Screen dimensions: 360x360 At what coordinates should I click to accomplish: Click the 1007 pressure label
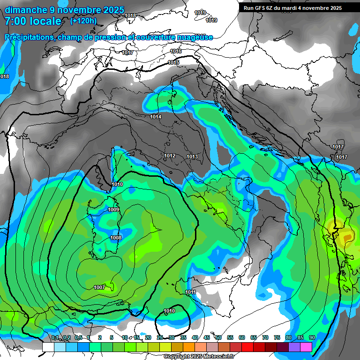(99, 287)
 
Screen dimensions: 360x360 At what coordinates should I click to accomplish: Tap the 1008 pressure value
(116, 238)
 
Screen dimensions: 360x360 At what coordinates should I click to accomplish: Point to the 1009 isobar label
(113, 210)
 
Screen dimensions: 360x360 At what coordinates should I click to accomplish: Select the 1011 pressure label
(190, 292)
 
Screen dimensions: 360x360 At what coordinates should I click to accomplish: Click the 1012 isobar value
(170, 156)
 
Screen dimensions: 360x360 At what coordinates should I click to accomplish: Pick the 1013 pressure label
(192, 157)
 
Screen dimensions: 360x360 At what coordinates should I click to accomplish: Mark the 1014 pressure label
(156, 117)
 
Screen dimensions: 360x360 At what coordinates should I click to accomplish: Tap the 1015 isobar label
(173, 62)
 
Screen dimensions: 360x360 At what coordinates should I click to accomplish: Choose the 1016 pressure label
(176, 51)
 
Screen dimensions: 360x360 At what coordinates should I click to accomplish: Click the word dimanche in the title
(26, 10)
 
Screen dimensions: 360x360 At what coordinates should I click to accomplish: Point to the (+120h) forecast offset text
(83, 21)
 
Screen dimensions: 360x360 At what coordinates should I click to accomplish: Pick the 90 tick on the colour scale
(312, 337)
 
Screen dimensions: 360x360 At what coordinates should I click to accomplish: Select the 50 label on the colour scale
(218, 337)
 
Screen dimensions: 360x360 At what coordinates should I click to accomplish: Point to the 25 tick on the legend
(160, 337)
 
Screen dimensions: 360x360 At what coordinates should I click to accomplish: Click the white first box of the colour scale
(48, 347)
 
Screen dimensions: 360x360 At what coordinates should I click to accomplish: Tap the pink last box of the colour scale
(306, 347)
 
